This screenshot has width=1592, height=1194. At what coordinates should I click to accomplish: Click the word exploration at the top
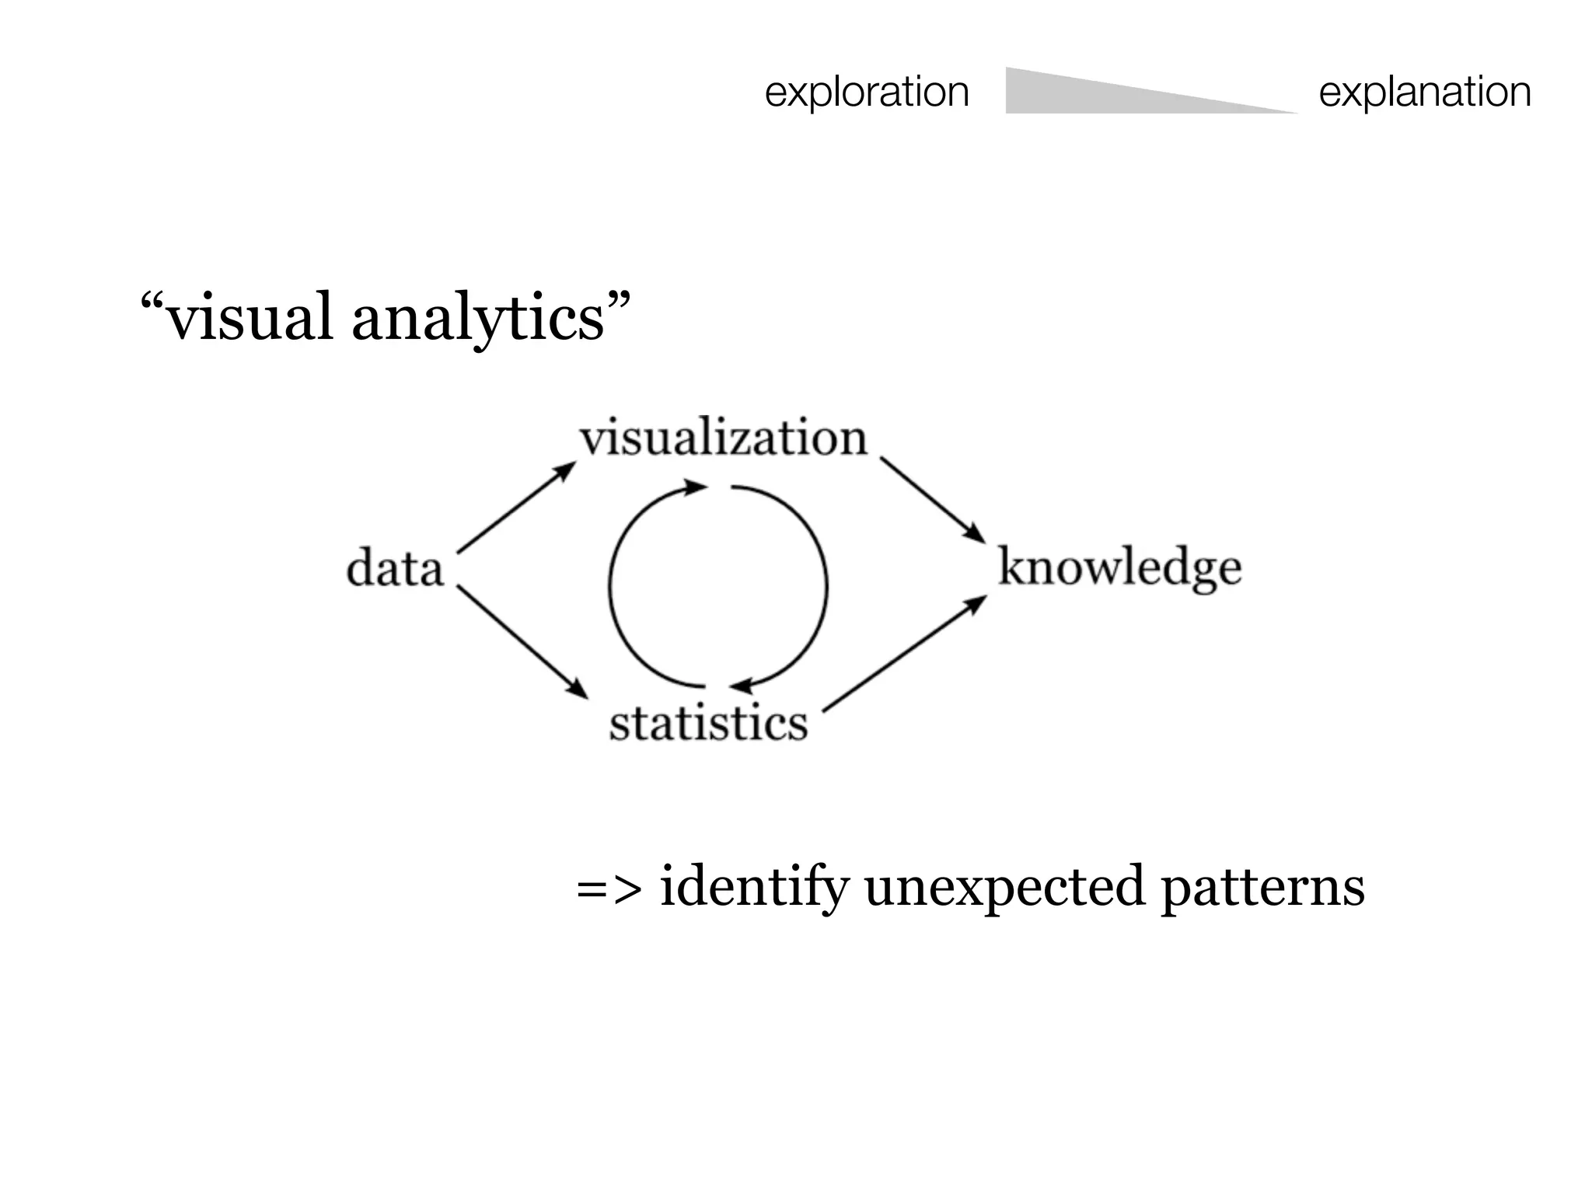tap(867, 92)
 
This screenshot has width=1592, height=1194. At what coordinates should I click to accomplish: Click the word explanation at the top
tap(1425, 92)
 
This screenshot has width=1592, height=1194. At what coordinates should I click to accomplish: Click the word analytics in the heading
tap(478, 317)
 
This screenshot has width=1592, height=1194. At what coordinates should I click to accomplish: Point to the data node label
tap(395, 568)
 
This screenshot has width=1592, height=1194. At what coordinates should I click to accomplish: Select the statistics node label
tap(708, 723)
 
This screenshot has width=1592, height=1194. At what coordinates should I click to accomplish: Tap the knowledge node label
tap(1119, 567)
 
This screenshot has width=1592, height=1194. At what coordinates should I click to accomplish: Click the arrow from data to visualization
tap(515, 508)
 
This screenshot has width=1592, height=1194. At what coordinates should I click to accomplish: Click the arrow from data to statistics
tap(521, 641)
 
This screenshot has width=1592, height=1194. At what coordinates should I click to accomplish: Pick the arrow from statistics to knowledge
tap(905, 654)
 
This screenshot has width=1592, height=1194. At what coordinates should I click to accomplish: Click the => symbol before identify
tap(609, 889)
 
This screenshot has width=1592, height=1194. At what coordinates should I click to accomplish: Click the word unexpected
tap(1004, 886)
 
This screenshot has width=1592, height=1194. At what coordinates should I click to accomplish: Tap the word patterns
tap(1262, 886)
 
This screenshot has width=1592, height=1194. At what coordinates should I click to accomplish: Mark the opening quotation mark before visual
tap(152, 302)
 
